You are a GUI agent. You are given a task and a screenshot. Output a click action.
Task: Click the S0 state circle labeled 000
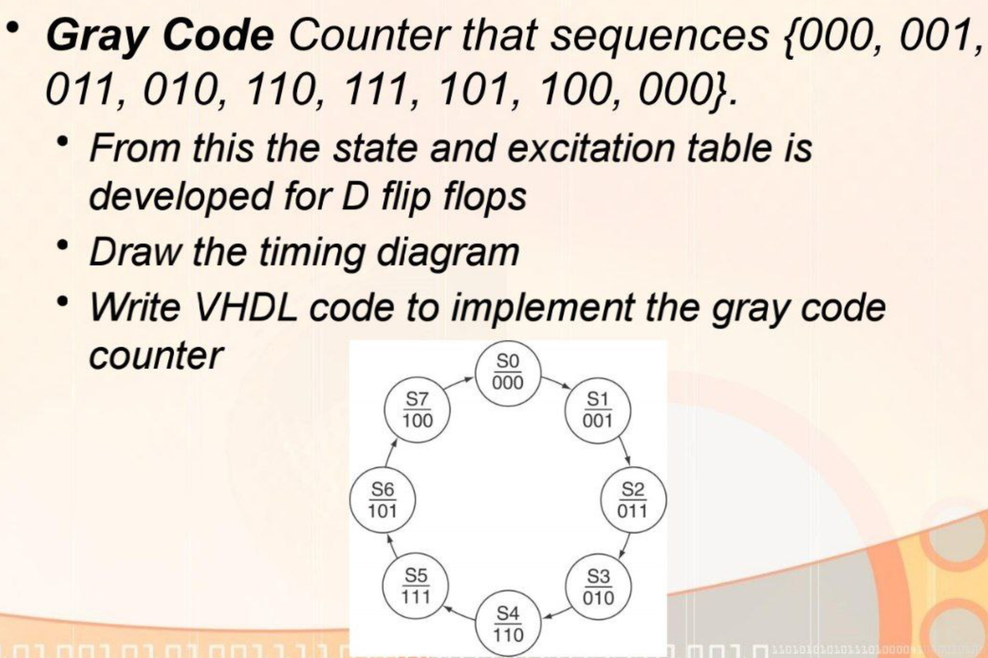click(508, 373)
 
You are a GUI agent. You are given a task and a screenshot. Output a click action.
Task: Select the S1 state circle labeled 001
click(597, 411)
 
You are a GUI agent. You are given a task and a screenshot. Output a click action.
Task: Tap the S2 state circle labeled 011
click(633, 500)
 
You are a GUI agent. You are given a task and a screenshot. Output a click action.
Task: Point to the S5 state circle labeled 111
click(416, 586)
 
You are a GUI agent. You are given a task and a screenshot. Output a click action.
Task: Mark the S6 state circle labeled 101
click(382, 500)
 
